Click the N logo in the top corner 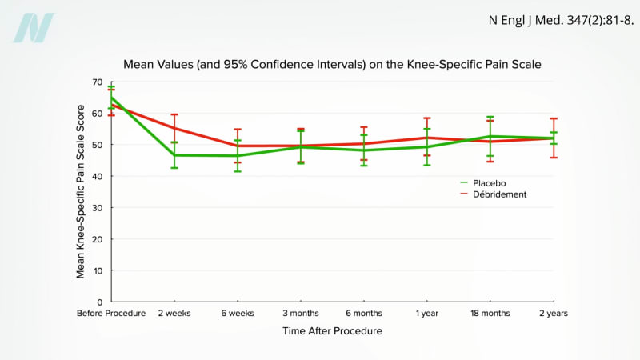[34, 28]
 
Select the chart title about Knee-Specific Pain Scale [337, 64]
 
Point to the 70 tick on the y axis [98, 82]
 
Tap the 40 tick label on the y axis [98, 176]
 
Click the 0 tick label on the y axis [100, 302]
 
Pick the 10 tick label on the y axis [98, 270]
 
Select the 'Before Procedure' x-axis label [111, 314]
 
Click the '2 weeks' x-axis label [174, 314]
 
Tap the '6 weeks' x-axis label [238, 314]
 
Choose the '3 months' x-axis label [300, 314]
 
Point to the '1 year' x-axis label [427, 314]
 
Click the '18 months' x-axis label [490, 314]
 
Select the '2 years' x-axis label [553, 314]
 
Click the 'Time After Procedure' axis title [332, 330]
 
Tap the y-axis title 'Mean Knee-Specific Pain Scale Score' [81, 192]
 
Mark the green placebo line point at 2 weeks [174, 154]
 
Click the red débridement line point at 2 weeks [174, 128]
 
